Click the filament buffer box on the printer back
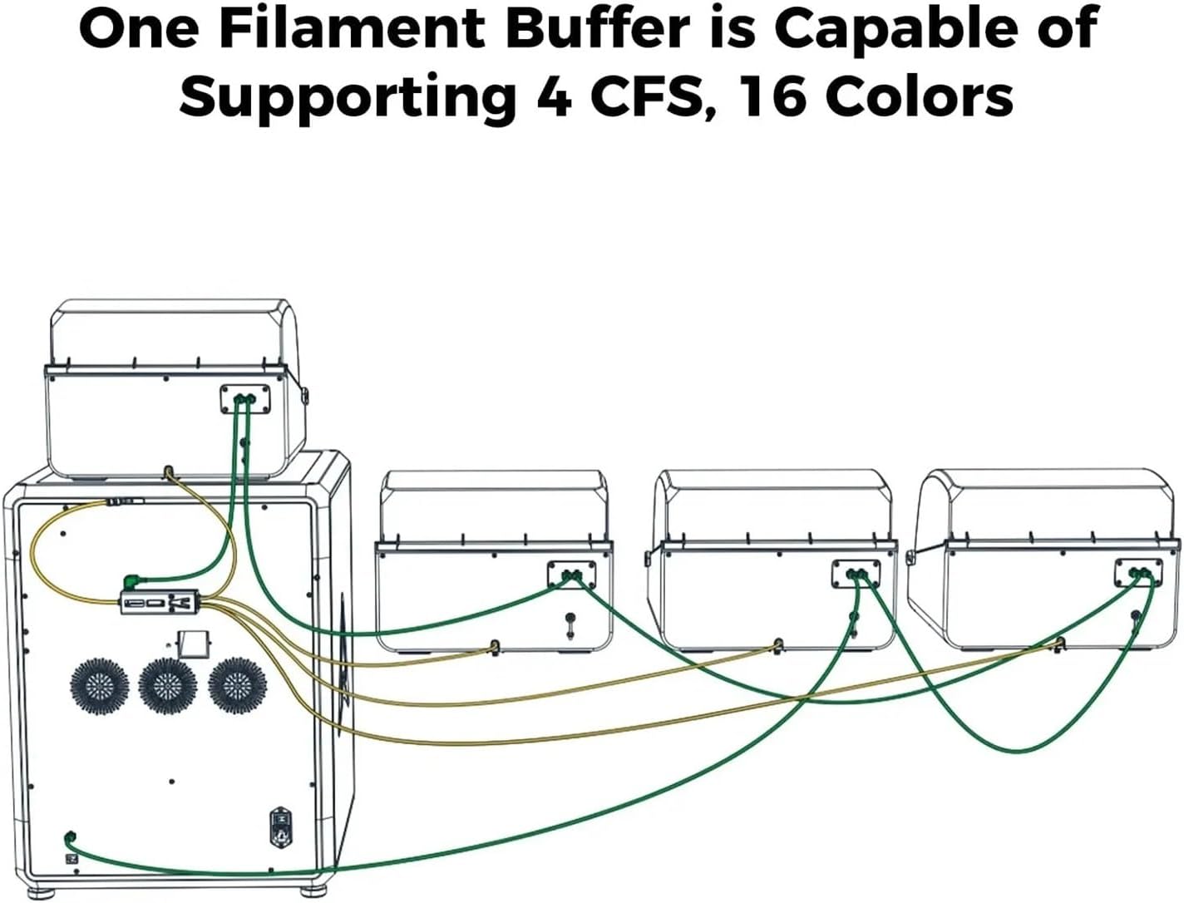coord(162,602)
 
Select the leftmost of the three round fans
coord(99,685)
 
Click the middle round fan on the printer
coord(167,686)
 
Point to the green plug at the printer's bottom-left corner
coord(71,837)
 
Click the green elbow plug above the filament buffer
coord(130,580)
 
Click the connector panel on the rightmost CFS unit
coord(1138,574)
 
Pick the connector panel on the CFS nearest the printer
coord(571,575)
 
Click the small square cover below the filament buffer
coord(193,642)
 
